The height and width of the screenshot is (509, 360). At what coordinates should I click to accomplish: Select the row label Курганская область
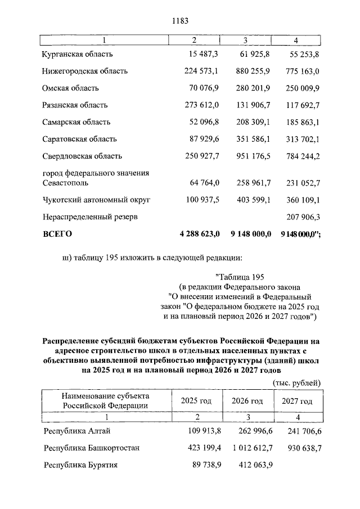point(78,54)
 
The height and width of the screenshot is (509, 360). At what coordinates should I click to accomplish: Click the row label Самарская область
point(76,121)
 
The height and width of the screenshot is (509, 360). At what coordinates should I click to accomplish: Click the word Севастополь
point(65,183)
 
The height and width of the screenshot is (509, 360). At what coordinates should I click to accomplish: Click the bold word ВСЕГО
point(57,233)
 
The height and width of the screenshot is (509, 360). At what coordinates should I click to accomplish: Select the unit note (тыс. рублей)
point(296,382)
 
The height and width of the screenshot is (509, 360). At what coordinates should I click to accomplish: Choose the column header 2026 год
point(247,401)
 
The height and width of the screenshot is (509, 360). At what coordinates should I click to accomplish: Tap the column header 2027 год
point(296,401)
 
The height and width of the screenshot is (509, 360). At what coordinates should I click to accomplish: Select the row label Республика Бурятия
point(81,465)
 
